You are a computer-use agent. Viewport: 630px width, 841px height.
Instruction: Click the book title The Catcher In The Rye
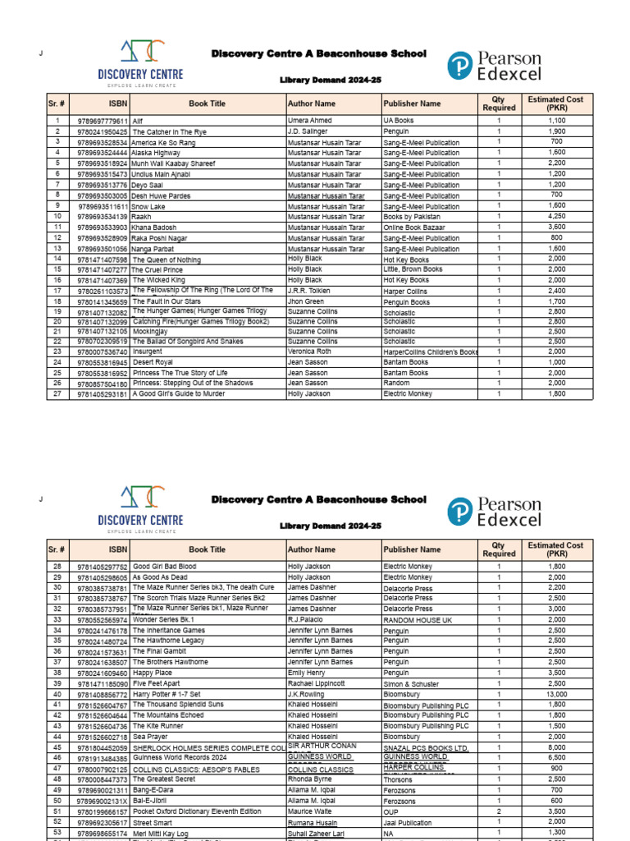point(170,131)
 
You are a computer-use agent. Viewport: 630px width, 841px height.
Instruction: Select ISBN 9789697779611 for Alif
point(103,121)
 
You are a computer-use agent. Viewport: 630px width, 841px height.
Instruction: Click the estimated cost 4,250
point(556,217)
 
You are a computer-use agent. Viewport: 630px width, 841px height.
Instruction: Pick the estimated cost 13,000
point(556,694)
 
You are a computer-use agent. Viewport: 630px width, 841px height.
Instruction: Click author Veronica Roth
point(309,352)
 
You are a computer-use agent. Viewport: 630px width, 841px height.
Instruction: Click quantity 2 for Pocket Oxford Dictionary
point(498,811)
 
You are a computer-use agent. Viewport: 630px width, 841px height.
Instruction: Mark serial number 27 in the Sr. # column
point(57,394)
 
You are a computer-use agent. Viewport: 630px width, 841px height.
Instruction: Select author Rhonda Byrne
point(311,779)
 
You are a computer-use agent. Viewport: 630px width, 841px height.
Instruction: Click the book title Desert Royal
point(153,362)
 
